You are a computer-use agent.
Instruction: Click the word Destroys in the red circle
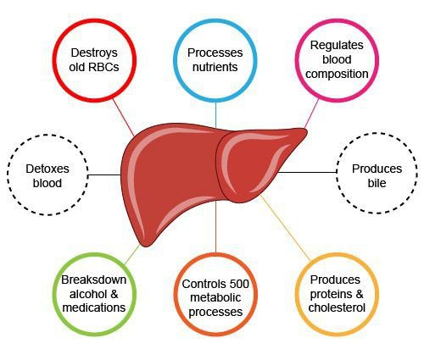click(94, 53)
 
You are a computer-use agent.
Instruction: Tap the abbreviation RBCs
click(103, 67)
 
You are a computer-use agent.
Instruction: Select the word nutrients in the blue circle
click(215, 67)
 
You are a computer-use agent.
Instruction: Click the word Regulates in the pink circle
click(337, 46)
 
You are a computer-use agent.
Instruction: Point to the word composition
click(337, 74)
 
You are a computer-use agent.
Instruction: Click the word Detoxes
click(47, 169)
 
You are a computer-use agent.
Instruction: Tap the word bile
click(377, 183)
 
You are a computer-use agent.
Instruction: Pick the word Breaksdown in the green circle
click(94, 280)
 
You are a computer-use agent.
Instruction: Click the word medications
click(94, 307)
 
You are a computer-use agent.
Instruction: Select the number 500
click(239, 284)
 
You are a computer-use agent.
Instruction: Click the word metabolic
click(215, 297)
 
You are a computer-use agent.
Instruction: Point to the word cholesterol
click(337, 307)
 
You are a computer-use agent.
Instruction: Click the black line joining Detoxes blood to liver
click(104, 175)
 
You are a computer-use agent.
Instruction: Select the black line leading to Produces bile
click(307, 172)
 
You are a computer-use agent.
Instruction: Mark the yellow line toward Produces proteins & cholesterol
click(285, 227)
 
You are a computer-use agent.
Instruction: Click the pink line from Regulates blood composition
click(311, 114)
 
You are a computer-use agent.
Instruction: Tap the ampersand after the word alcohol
click(114, 294)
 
